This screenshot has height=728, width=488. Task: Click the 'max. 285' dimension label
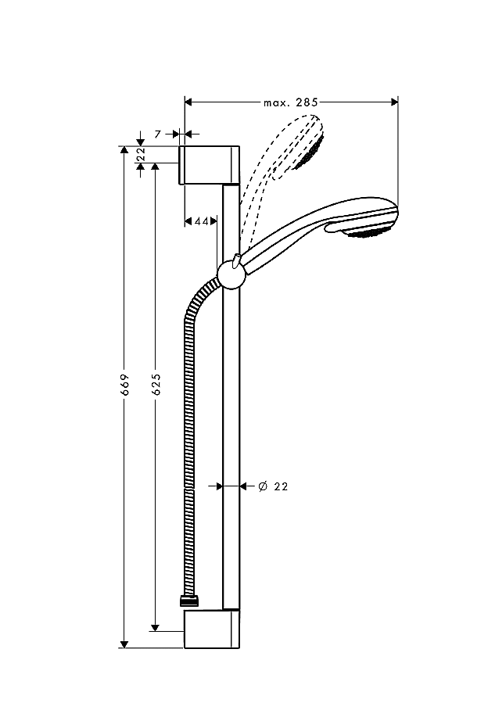(x=291, y=102)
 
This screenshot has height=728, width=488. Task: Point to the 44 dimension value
(x=202, y=221)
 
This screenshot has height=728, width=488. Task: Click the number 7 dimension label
(x=158, y=134)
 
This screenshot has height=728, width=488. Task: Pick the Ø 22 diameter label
(x=273, y=486)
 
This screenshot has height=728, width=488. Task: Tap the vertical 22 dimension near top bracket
(x=141, y=154)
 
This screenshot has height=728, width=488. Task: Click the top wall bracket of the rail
(x=210, y=165)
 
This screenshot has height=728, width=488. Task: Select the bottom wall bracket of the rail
(x=212, y=629)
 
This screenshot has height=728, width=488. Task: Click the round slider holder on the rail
(x=231, y=274)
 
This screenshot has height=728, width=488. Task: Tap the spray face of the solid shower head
(x=368, y=231)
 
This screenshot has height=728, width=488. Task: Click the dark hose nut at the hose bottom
(x=189, y=601)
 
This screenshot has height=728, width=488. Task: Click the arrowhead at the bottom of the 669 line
(x=124, y=644)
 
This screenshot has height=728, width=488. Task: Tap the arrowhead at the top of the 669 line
(x=124, y=150)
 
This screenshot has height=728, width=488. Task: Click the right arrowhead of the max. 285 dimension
(x=394, y=102)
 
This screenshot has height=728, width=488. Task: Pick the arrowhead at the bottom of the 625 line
(x=156, y=627)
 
